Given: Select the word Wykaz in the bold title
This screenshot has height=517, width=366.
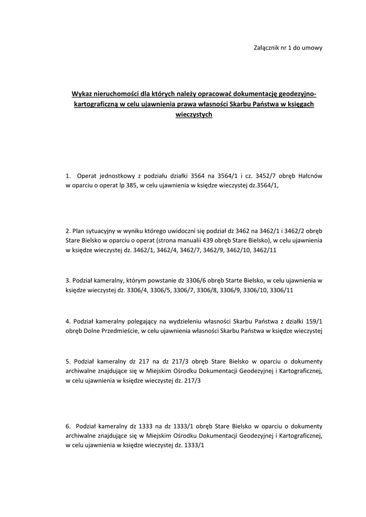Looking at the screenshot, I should point(81,94).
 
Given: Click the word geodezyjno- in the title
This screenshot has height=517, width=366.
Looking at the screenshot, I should point(298,94).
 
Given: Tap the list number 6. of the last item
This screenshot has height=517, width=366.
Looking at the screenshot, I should point(69,426).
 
